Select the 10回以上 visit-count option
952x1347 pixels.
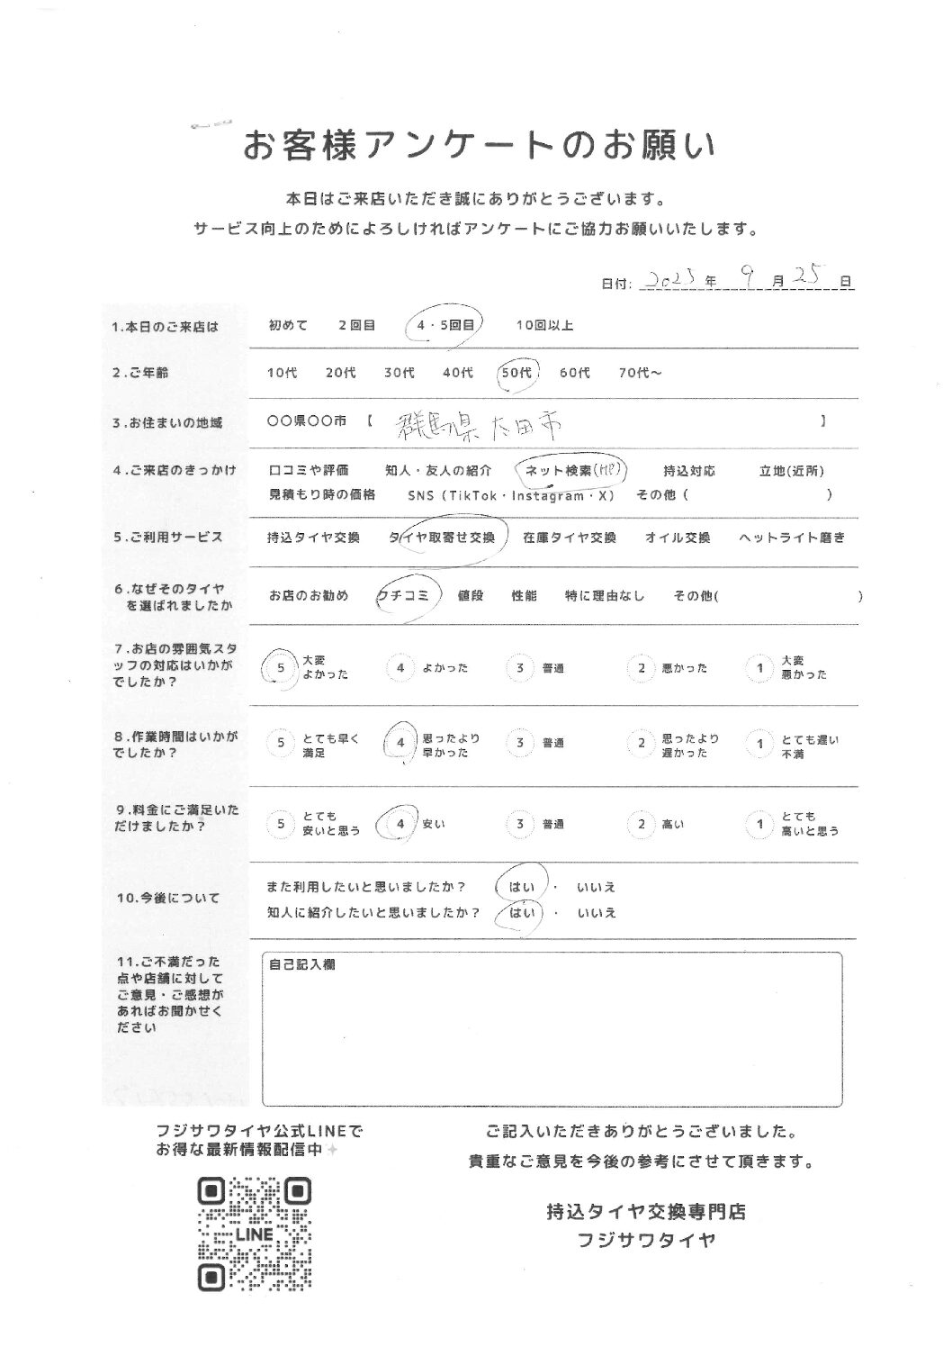coord(544,325)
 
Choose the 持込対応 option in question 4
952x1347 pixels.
coord(688,470)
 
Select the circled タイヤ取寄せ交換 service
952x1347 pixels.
coord(442,538)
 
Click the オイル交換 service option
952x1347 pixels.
coord(678,538)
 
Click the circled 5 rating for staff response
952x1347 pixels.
coord(282,668)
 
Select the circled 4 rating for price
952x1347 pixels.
coord(400,824)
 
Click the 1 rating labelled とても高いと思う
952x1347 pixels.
coord(760,824)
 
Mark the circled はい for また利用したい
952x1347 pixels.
coord(520,887)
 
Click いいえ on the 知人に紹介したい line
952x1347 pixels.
coord(597,913)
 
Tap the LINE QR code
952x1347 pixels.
coord(254,1234)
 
